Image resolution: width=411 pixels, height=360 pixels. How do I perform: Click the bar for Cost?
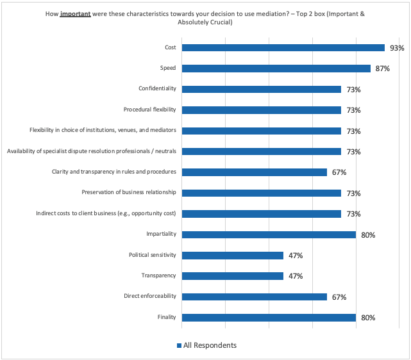283,47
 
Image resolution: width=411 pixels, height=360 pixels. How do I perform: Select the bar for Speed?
276,69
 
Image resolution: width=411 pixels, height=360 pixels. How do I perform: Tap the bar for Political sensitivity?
233,256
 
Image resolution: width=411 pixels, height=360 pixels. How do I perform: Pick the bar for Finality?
269,318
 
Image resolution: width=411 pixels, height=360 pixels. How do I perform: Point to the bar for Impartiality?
269,234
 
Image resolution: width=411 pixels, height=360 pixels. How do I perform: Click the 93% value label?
397,48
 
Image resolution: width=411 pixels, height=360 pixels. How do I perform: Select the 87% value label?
382,69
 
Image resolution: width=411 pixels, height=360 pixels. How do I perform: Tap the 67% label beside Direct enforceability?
339,297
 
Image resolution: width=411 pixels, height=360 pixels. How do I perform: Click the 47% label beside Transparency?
295,276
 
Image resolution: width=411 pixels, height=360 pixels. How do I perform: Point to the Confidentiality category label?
157,89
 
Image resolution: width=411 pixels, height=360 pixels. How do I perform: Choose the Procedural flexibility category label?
150,110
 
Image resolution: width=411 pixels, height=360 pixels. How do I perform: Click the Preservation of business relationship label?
129,193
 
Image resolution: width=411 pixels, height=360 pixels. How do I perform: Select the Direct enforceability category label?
151,297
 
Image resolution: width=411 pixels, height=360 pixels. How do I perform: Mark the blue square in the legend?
179,346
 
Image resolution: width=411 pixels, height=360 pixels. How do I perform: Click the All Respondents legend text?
210,345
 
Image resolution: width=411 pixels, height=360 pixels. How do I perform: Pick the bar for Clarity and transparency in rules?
255,172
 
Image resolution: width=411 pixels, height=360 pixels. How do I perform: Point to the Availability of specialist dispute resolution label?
92,151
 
